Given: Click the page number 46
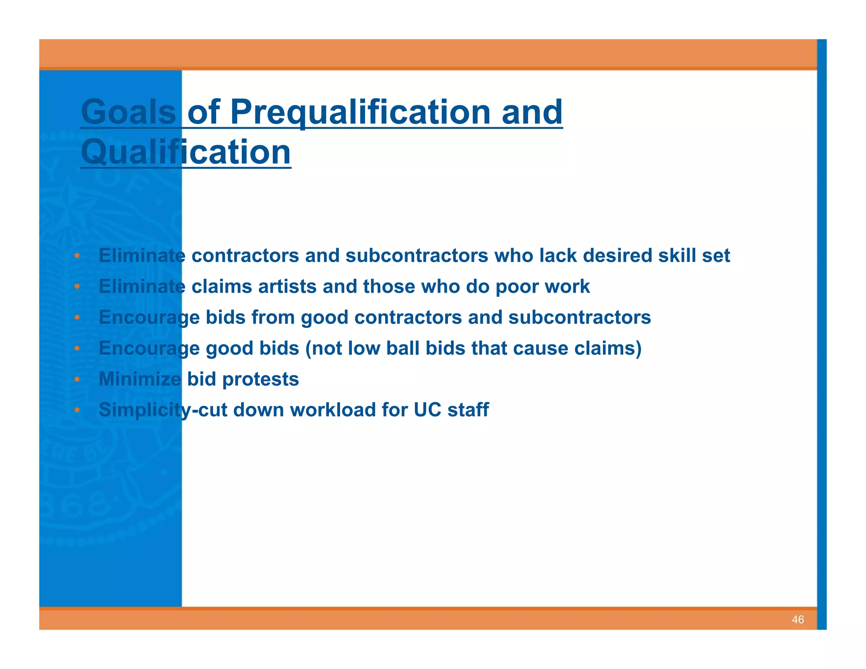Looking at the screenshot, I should point(797,620).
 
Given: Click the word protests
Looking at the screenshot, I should point(260,379).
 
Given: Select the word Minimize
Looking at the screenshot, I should point(140,379).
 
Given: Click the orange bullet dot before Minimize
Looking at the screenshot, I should point(77,379).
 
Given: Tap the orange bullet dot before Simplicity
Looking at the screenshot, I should point(77,410).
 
